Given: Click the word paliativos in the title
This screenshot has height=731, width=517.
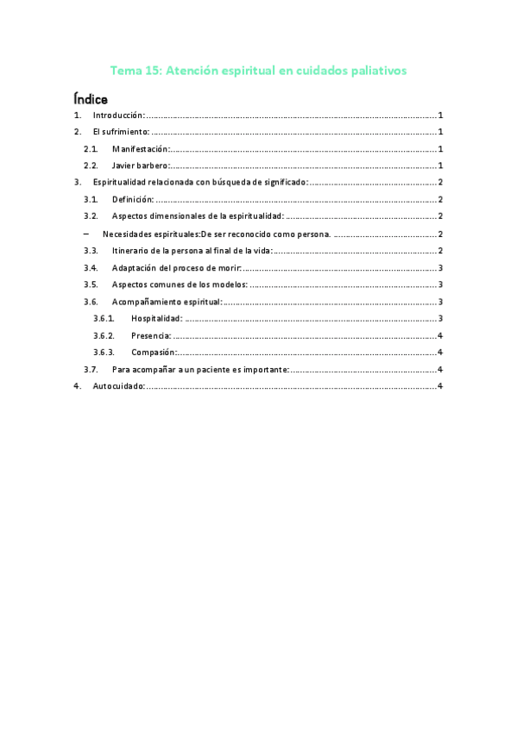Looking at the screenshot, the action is (375, 71).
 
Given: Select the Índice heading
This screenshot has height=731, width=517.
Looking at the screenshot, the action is (91, 99).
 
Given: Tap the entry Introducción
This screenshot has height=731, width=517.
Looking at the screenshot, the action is (118, 116).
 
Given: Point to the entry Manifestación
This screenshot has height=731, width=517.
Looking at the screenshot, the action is (140, 149).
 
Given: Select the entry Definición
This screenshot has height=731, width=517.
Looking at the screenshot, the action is (132, 199).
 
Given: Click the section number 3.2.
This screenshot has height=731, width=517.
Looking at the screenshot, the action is (91, 216).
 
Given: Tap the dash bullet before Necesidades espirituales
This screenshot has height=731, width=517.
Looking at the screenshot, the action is (85, 234).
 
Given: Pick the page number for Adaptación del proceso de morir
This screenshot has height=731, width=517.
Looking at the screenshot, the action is (440, 267).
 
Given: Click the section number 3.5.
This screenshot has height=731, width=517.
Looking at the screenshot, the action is (91, 284).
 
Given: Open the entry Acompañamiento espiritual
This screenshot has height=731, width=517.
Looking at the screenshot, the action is (167, 302).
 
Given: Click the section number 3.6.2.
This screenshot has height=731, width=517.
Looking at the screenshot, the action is (104, 335).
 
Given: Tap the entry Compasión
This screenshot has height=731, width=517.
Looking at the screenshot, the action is (154, 352).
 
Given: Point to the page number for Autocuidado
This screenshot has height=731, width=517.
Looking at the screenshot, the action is (440, 386).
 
